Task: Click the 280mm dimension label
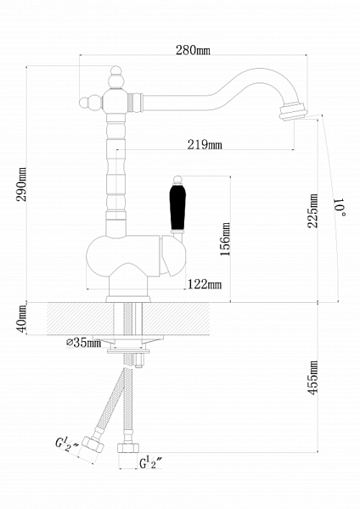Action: coord(193,50)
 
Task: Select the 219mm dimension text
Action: coord(205,144)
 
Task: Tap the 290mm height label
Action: coord(21,184)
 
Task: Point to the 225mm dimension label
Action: coord(313,210)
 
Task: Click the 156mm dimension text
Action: coord(225,239)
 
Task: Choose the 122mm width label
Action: coord(205,284)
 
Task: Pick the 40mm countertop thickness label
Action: coord(21,319)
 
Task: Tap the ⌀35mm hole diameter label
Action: coord(84,343)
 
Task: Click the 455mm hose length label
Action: coord(313,378)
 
